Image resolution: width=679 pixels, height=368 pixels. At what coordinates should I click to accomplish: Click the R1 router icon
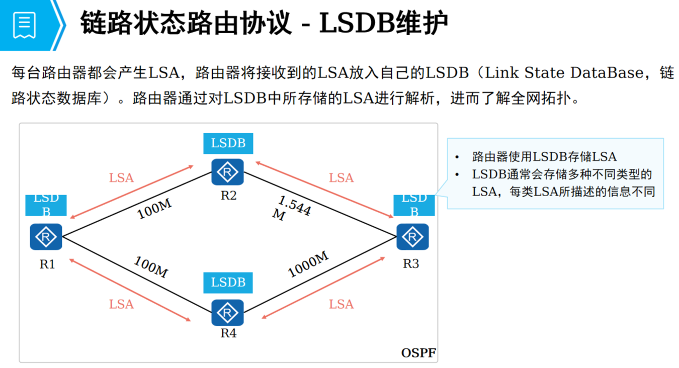[x=46, y=237]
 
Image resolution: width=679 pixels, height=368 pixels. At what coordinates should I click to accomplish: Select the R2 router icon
[x=228, y=172]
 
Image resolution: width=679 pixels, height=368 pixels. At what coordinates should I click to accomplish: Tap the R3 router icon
[x=412, y=237]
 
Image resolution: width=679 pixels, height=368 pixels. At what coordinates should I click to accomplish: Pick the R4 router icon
[x=228, y=313]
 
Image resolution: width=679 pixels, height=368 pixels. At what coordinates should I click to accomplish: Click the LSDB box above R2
[x=228, y=144]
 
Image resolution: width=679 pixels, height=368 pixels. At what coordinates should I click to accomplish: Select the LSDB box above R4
[x=228, y=283]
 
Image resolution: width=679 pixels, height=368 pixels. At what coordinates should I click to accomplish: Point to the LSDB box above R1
[x=46, y=205]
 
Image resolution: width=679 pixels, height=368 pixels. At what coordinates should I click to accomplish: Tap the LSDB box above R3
[x=414, y=205]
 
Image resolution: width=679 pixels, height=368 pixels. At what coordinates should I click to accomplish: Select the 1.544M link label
[x=292, y=208]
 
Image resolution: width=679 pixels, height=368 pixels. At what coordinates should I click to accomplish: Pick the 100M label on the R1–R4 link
[x=150, y=267]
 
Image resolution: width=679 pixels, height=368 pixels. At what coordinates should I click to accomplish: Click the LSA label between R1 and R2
[x=122, y=178]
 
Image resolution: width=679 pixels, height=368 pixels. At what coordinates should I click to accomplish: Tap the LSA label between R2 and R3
[x=341, y=178]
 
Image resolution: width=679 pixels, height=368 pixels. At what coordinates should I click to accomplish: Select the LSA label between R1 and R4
[x=122, y=304]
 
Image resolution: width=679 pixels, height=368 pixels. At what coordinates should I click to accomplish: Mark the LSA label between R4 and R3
[x=341, y=304]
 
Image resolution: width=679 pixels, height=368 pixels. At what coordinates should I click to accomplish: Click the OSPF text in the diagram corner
[x=418, y=353]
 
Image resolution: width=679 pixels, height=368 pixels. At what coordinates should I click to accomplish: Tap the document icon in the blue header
[x=25, y=24]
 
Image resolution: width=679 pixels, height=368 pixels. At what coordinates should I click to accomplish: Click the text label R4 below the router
[x=228, y=333]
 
